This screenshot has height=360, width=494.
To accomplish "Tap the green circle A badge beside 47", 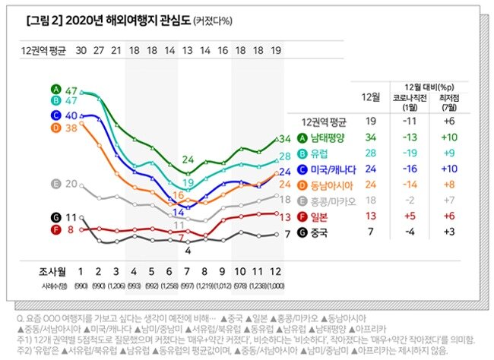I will [x=55, y=89].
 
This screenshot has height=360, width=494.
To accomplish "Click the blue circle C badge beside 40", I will [x=55, y=115].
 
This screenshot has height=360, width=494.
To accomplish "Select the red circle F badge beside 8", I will [x=55, y=229].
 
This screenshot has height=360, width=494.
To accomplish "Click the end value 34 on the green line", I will [x=285, y=139].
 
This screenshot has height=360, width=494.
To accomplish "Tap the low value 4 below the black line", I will [x=188, y=249].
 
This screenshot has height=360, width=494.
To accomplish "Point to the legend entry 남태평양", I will [x=328, y=137].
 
